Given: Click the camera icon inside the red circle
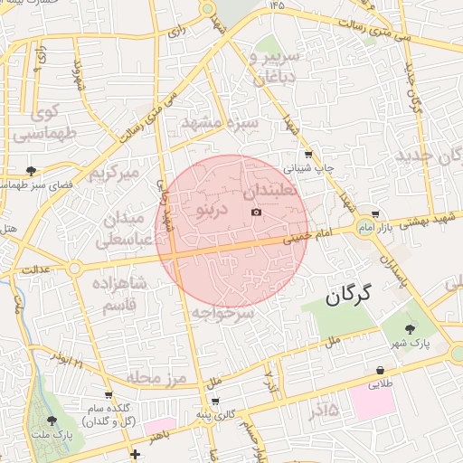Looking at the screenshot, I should (x=256, y=213).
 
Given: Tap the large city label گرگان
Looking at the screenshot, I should (x=353, y=295).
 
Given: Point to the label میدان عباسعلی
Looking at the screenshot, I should (x=120, y=230).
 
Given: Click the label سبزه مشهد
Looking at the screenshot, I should (x=220, y=121).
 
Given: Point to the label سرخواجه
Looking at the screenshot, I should (x=222, y=312).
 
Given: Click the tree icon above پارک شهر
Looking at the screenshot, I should (x=411, y=329).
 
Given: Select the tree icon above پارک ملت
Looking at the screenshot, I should (x=52, y=420).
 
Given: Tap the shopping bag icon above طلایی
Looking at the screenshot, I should (x=380, y=370).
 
